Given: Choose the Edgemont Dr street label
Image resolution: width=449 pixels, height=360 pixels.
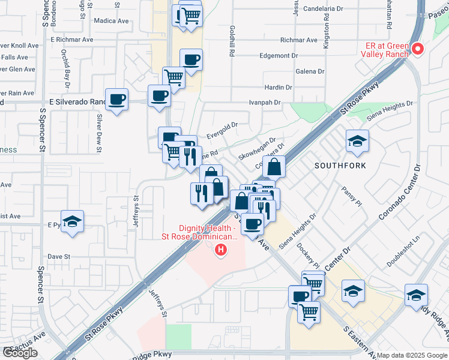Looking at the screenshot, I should point(278,55).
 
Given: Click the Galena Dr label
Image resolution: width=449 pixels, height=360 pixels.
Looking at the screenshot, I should point(310,71).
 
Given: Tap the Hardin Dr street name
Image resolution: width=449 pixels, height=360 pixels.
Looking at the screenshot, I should point(278,87).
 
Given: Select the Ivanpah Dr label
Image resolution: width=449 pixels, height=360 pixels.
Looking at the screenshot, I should point(265,103).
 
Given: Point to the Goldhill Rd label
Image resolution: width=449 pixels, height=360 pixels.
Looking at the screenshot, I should point(232,41).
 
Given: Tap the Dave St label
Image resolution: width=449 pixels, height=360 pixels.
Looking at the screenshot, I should point(59,256).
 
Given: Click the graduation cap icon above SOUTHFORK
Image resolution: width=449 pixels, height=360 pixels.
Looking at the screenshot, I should point(357,141).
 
